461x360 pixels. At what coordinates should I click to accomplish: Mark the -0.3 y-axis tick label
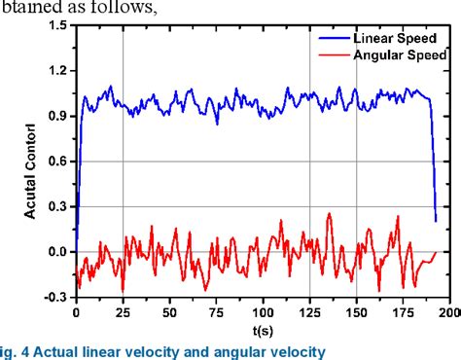pos(54,297)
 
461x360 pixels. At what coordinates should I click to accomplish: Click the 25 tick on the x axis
pos(123,314)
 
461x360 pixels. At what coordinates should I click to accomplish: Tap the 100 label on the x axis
pos(263,314)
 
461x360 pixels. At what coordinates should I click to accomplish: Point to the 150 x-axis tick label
pos(356,314)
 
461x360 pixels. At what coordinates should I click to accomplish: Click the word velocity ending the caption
pos(297,349)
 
